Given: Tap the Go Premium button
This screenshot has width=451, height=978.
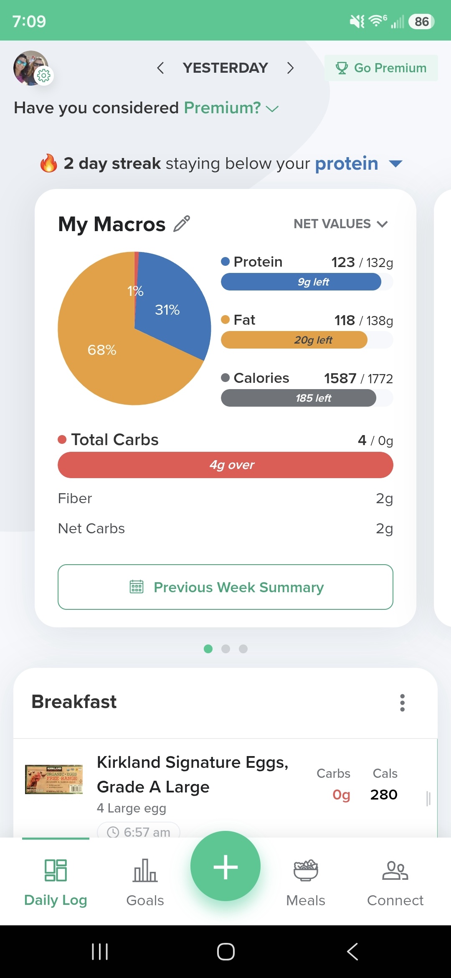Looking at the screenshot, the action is pyautogui.click(x=381, y=68).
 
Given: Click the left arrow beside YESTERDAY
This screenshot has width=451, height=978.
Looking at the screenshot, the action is pyautogui.click(x=160, y=68).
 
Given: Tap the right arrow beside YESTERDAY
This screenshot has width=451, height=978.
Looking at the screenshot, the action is pyautogui.click(x=291, y=68).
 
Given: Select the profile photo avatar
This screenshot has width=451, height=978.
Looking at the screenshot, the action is pyautogui.click(x=31, y=68).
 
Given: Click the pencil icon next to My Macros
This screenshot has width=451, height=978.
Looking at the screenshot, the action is pyautogui.click(x=182, y=224).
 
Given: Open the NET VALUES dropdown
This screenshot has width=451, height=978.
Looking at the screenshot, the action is pyautogui.click(x=341, y=224).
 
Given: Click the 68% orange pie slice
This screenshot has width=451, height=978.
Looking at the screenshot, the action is pyautogui.click(x=109, y=351).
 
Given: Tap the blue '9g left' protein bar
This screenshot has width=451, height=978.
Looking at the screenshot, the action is pyautogui.click(x=301, y=282).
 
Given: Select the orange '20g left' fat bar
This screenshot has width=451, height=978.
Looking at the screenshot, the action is pyautogui.click(x=294, y=340).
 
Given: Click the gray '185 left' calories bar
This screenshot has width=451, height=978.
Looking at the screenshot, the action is pyautogui.click(x=299, y=398).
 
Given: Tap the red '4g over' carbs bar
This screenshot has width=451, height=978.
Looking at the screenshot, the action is pyautogui.click(x=225, y=465).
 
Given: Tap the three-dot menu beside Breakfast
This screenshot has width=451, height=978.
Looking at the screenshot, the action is pyautogui.click(x=403, y=703).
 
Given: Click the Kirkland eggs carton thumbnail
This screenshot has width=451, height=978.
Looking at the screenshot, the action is pyautogui.click(x=54, y=779).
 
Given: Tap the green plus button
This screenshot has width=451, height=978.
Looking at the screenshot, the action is pyautogui.click(x=225, y=866).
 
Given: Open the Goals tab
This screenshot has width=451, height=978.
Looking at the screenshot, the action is pyautogui.click(x=145, y=882).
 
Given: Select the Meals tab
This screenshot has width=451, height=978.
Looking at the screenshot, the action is pyautogui.click(x=306, y=882).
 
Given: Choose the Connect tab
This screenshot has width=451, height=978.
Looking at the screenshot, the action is pyautogui.click(x=395, y=882).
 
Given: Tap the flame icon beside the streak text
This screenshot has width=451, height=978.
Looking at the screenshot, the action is pyautogui.click(x=48, y=163).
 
